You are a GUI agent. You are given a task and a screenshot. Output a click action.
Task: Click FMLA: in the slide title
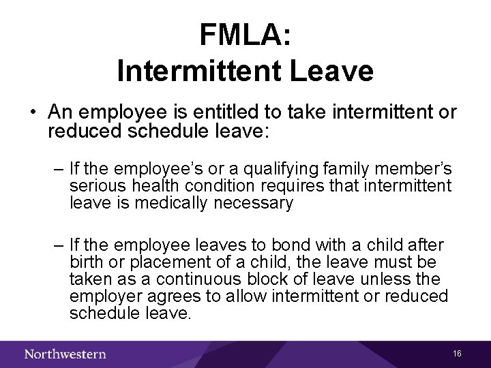pyautogui.click(x=245, y=35)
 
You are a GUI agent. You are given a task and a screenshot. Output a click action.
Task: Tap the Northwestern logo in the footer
pyautogui.click(x=65, y=354)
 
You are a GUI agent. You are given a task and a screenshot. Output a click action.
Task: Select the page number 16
pyautogui.click(x=457, y=354)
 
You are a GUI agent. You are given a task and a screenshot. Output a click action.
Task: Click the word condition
pyautogui.click(x=217, y=185)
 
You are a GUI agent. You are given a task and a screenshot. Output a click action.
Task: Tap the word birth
pyautogui.click(x=87, y=262)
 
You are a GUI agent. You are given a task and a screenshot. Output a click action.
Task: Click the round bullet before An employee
pyautogui.click(x=32, y=111)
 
